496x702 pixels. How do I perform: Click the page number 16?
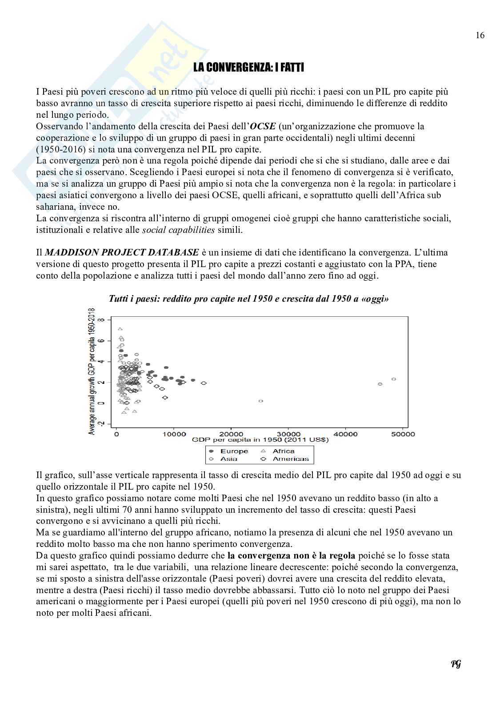480,36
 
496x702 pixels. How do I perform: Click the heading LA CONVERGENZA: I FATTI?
248,68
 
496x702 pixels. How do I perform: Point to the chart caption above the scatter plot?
248,299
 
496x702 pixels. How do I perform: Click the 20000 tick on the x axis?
230,434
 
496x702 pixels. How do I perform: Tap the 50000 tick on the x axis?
402,434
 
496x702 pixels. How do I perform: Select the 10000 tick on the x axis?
173,434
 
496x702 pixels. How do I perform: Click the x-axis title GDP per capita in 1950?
260,440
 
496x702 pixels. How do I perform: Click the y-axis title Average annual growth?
92,371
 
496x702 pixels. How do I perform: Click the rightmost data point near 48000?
394,379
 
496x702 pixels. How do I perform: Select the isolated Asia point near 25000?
261,401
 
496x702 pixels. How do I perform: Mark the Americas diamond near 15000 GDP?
204,383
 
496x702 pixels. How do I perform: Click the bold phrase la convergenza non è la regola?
291,555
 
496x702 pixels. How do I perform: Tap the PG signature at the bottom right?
456,664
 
